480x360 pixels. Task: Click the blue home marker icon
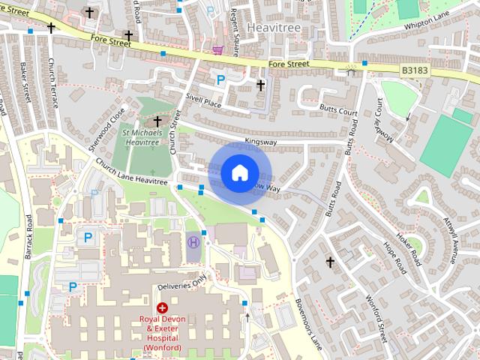point(239,172)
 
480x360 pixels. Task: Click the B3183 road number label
point(414,70)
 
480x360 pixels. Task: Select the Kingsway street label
point(261,139)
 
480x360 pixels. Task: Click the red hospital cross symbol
point(162,308)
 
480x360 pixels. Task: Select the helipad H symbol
point(193,241)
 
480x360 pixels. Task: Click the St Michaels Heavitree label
point(142,136)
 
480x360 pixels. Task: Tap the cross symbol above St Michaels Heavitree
point(157,121)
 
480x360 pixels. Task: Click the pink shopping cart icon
point(217,50)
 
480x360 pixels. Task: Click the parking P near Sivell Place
point(221,79)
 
